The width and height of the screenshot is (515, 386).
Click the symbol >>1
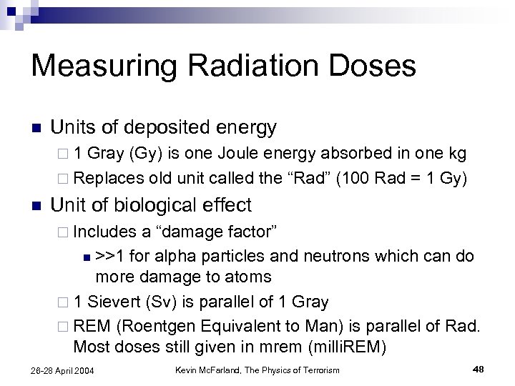point(112,257)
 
